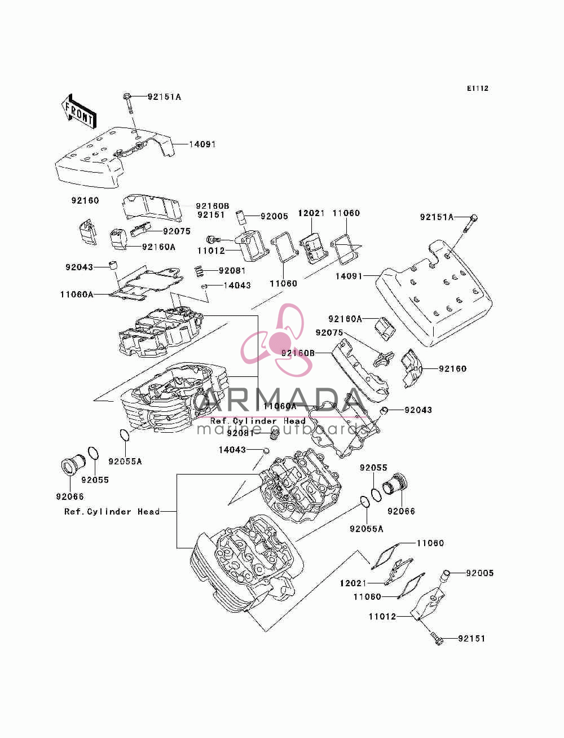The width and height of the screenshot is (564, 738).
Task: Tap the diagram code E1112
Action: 477,89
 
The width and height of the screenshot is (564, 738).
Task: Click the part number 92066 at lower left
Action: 70,497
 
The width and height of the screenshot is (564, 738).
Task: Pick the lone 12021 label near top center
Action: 311,213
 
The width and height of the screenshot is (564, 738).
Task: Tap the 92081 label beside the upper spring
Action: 232,270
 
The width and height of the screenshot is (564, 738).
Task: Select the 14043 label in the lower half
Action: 232,450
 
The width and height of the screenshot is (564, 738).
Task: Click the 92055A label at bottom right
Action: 367,529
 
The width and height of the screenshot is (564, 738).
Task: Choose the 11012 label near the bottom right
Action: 382,617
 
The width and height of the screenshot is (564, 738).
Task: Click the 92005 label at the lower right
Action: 479,573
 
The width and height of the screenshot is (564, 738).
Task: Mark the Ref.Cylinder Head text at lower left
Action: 112,512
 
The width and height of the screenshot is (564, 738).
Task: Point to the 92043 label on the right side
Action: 418,410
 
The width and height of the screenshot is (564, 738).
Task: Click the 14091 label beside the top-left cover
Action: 202,144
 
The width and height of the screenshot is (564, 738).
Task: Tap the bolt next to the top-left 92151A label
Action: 129,104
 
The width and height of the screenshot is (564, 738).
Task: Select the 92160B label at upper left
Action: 213,206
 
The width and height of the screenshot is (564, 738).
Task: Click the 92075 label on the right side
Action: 329,332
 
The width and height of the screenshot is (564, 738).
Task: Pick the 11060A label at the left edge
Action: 77,295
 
